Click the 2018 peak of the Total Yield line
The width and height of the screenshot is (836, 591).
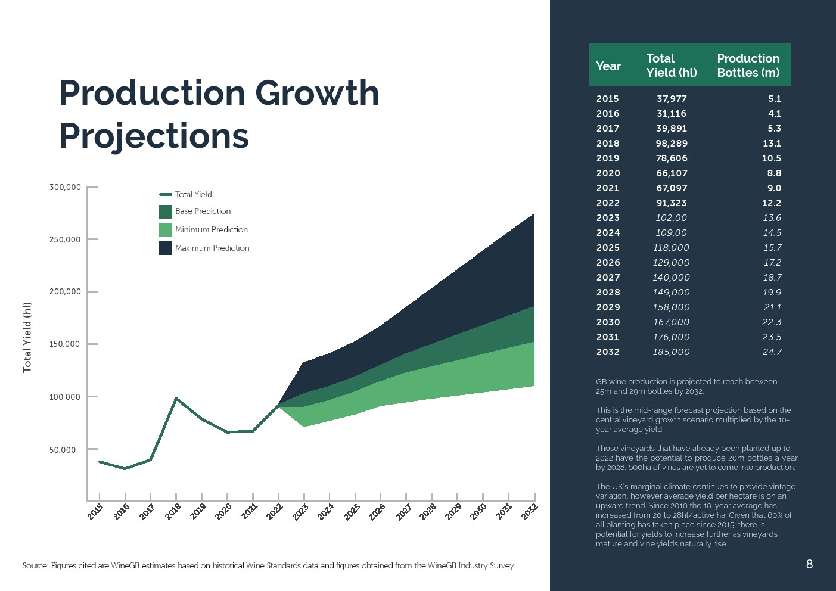(x=176, y=399)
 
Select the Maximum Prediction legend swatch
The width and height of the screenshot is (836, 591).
(x=165, y=248)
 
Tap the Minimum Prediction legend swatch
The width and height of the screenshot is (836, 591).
(x=165, y=229)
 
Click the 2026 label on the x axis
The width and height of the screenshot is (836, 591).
(x=377, y=512)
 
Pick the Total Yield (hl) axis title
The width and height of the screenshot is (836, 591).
(x=27, y=337)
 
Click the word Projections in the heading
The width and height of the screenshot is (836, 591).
(x=154, y=136)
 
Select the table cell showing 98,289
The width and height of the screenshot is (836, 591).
(x=672, y=144)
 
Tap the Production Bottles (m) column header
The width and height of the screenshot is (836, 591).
(x=748, y=66)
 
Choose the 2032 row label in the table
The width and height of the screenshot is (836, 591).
(x=608, y=352)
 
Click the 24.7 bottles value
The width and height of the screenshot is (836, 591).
(x=772, y=352)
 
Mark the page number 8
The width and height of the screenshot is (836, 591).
(x=809, y=564)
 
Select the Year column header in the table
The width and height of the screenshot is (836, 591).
(x=608, y=66)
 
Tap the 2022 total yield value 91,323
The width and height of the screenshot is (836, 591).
(x=672, y=203)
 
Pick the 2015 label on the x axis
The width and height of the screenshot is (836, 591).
(x=96, y=512)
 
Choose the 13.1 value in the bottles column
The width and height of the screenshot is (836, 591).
(x=772, y=144)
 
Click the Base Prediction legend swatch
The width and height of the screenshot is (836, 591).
(x=165, y=211)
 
